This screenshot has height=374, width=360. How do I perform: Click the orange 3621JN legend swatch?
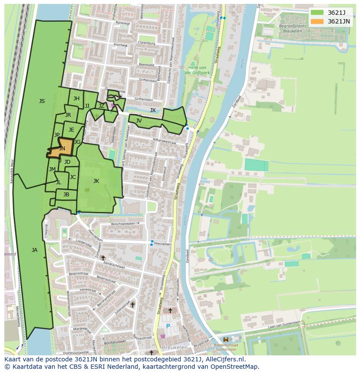(317, 21)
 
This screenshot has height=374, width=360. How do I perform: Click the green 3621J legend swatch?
(317, 12)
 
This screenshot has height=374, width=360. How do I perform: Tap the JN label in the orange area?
(62, 149)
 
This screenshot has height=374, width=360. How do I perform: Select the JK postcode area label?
(96, 181)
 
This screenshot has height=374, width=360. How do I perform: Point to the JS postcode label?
(42, 101)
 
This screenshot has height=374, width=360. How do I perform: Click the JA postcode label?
(34, 250)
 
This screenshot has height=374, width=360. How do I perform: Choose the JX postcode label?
(153, 110)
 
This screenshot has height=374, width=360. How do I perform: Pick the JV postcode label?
(139, 121)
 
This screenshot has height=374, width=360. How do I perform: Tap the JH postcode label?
(76, 99)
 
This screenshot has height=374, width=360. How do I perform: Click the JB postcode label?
(66, 195)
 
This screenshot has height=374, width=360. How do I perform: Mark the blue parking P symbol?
(168, 326)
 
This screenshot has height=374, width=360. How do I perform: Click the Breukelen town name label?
(175, 348)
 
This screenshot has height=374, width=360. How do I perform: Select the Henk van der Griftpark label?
(197, 70)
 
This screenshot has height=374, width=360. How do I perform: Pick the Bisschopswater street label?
(123, 224)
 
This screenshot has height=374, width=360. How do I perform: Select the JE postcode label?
(71, 130)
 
